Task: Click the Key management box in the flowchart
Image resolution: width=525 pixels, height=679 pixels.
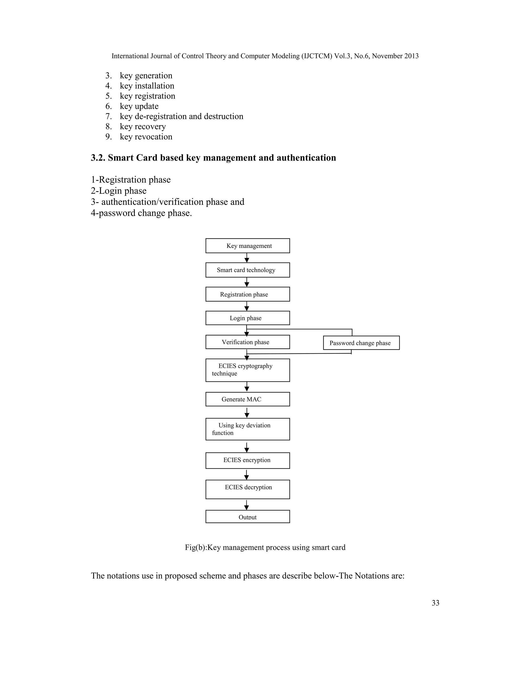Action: (x=248, y=246)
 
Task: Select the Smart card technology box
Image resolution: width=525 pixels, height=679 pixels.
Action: (x=248, y=270)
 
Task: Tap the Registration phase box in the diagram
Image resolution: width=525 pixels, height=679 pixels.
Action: (x=248, y=294)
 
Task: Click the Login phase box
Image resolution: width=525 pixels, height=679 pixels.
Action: (x=248, y=318)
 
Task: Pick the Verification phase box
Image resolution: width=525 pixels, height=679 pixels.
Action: (x=248, y=342)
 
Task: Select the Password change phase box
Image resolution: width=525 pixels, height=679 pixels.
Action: (x=361, y=343)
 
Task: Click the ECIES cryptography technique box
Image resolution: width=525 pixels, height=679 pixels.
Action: (x=248, y=370)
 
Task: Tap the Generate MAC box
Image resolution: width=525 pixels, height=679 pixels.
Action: (x=248, y=399)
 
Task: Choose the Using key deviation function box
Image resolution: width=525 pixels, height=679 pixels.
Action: (x=248, y=429)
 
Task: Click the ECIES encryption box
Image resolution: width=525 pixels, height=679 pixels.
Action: (x=248, y=460)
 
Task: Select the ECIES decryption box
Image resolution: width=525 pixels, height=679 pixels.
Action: (x=248, y=489)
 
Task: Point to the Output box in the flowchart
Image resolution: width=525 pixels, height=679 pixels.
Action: (x=248, y=517)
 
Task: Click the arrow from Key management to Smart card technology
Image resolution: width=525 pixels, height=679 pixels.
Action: (x=247, y=258)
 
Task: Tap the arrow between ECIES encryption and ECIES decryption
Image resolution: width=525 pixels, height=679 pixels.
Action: (x=247, y=475)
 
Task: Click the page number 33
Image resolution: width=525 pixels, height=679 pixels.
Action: (x=436, y=603)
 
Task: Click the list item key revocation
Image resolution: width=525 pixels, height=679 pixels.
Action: (x=146, y=137)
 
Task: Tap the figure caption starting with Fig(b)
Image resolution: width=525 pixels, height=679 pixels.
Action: (x=265, y=547)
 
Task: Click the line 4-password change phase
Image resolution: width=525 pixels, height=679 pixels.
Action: (x=141, y=213)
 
